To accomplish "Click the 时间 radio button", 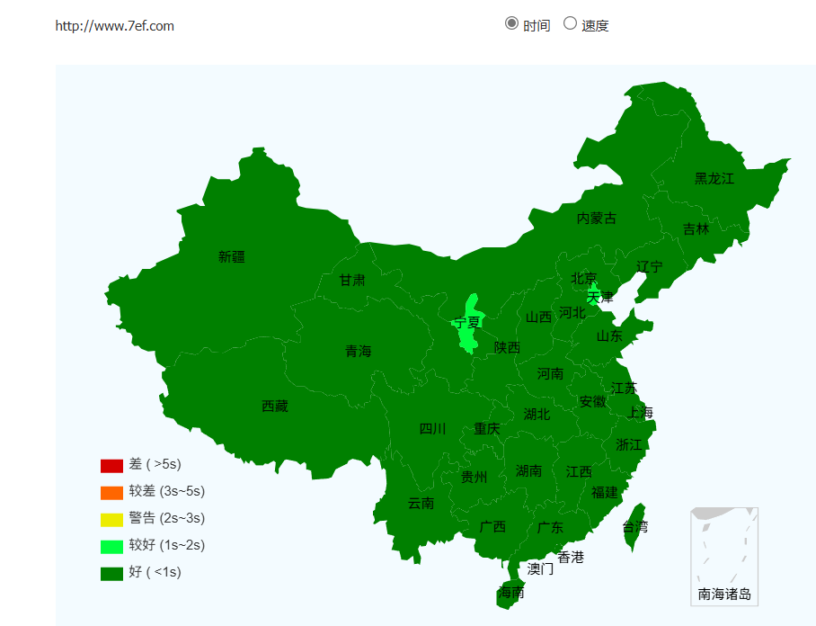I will point(512,23).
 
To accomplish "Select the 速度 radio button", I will point(570,23).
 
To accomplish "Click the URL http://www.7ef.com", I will point(115,26).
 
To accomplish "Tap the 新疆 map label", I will point(231,256).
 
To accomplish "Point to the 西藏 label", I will point(275,407).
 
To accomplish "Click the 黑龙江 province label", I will point(714,178).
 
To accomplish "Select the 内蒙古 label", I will point(597,218).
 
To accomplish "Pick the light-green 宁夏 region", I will point(467,324).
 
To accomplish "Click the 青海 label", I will point(358,351).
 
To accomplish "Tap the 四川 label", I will point(432,429).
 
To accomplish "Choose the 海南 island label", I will point(511,593).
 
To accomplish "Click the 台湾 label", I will point(634,526).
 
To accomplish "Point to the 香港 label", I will point(571,557).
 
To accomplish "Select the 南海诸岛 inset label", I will point(724,594).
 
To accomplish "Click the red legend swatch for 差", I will point(111,465).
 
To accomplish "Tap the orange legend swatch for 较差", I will point(111,492).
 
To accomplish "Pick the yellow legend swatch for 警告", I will point(111,519).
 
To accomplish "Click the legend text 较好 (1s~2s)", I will point(166,545).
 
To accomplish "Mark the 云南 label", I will point(421,503).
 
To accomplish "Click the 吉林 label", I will point(696,228).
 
